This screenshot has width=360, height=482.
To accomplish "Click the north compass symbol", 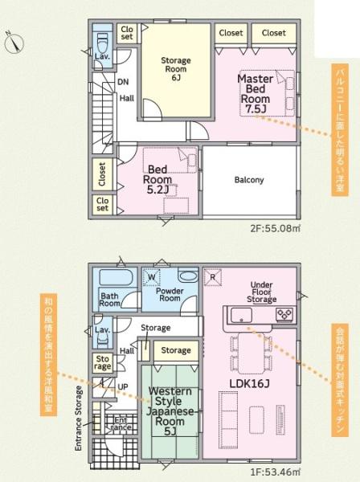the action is (14, 43).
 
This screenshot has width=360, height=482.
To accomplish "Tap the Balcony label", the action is (249, 180).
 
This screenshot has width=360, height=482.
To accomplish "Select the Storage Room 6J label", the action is (176, 69).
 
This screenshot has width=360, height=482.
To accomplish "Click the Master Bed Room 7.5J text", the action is (256, 94).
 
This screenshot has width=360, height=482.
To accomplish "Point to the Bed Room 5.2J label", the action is (157, 179).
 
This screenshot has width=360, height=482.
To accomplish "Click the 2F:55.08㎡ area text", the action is (275, 228).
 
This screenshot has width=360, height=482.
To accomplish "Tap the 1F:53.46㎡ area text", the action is (275, 472).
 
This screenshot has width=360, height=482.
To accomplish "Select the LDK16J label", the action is (250, 383).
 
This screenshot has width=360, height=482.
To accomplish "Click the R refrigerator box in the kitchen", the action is (213, 278).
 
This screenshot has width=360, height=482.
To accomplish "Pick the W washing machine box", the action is (152, 277).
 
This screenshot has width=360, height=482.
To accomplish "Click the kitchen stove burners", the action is (284, 314).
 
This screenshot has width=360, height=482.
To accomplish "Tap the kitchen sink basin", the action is (241, 315).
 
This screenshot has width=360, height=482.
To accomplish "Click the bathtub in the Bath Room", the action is (116, 278).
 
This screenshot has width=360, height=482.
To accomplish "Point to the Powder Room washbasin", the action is (188, 276).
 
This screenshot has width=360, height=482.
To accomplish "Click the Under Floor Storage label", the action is (262, 292).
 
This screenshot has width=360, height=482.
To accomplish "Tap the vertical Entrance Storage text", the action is (79, 419).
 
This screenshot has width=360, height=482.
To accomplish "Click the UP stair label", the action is (123, 386).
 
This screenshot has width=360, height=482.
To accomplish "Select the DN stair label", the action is (123, 82).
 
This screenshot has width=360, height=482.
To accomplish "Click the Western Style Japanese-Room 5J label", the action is (170, 411).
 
